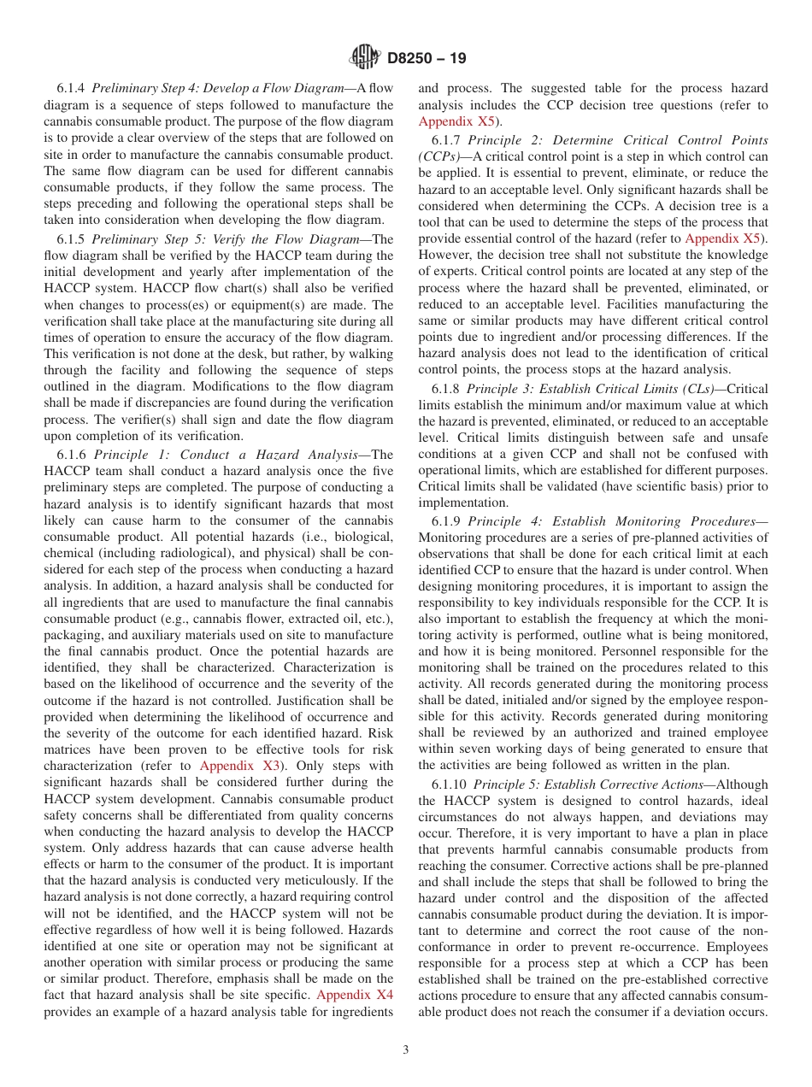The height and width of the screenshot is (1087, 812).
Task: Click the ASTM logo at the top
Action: coord(365,58)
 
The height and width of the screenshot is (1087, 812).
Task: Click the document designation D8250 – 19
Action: coord(427,59)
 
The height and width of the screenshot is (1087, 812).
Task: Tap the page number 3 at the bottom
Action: coord(406,1050)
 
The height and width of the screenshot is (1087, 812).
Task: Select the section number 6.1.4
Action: coord(72,89)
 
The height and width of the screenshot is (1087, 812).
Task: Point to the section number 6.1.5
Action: coord(72,240)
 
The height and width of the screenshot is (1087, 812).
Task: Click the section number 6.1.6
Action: coord(73,455)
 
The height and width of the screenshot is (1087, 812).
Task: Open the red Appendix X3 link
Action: coord(239,766)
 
